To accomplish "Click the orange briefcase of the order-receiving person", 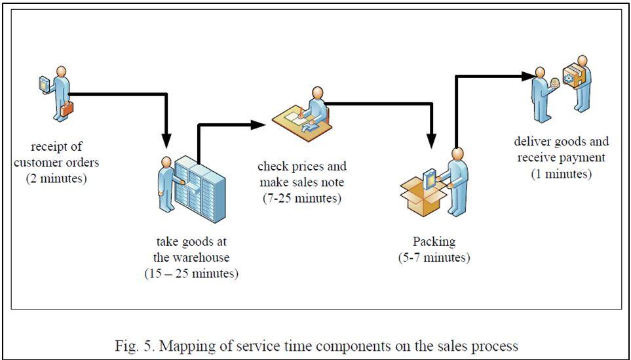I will click(x=67, y=109).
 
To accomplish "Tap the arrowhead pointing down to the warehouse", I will click(x=166, y=140).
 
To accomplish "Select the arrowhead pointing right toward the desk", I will click(x=257, y=124).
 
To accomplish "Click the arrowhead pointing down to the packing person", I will click(x=431, y=140).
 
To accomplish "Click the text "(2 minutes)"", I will click(x=56, y=178).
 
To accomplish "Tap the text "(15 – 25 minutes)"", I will click(x=191, y=273).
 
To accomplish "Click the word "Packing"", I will click(x=433, y=241).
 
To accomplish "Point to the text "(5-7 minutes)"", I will click(x=433, y=257).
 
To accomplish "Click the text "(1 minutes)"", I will click(x=562, y=173).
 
